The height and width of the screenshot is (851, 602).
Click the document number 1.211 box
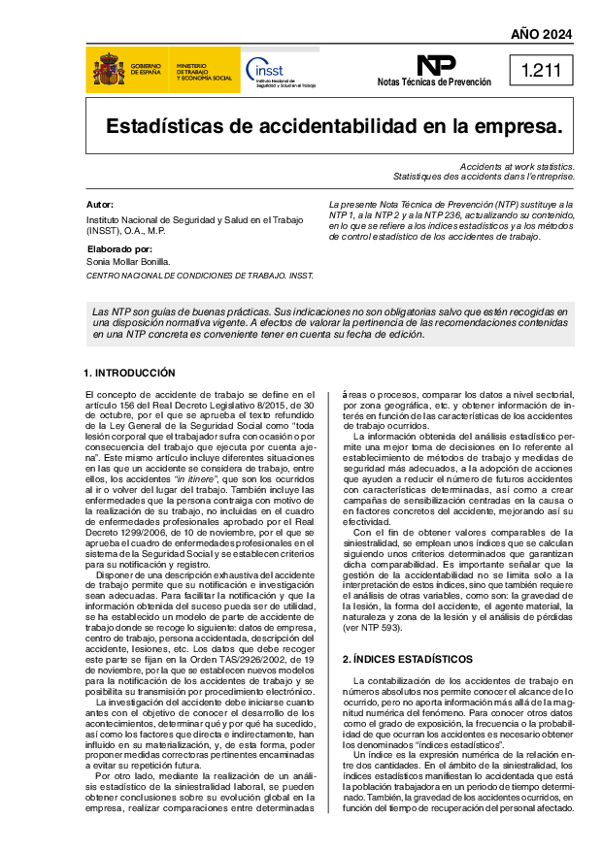pyautogui.click(x=541, y=70)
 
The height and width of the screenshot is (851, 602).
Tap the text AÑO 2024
pyautogui.click(x=541, y=35)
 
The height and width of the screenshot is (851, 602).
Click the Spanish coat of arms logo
pyautogui.click(x=108, y=70)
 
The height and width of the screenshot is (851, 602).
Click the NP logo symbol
pyautogui.click(x=435, y=65)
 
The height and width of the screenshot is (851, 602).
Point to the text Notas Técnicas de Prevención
pyautogui.click(x=434, y=83)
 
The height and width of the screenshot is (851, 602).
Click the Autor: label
pyautogui.click(x=100, y=205)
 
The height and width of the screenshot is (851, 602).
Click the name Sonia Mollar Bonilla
pyautogui.click(x=128, y=261)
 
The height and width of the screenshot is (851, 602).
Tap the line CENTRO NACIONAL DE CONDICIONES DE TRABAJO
pyautogui.click(x=199, y=276)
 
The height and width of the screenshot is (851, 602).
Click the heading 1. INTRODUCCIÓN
pyautogui.click(x=129, y=373)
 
